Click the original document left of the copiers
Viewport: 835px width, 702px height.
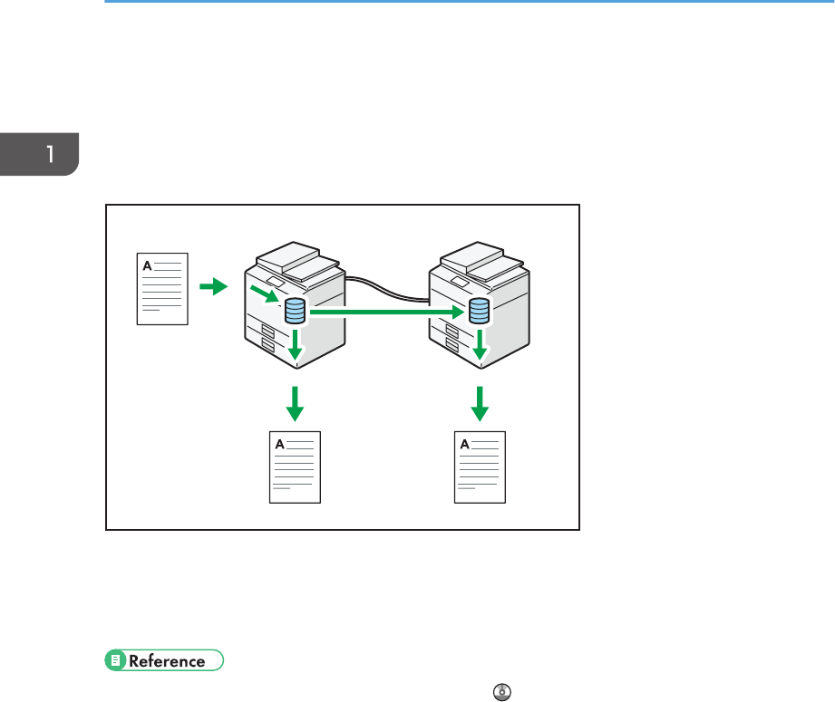click(162, 288)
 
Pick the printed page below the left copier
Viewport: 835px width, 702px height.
click(296, 467)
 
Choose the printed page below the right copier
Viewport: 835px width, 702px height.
click(480, 467)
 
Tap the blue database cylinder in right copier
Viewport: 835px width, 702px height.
click(478, 313)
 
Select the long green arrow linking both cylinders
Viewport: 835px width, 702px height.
click(385, 313)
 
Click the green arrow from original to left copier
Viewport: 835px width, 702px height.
click(212, 287)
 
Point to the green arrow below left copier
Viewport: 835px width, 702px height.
click(294, 403)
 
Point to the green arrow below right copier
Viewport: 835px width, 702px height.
click(480, 403)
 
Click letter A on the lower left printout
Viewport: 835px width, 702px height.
click(279, 444)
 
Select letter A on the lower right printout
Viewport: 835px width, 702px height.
click(464, 444)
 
